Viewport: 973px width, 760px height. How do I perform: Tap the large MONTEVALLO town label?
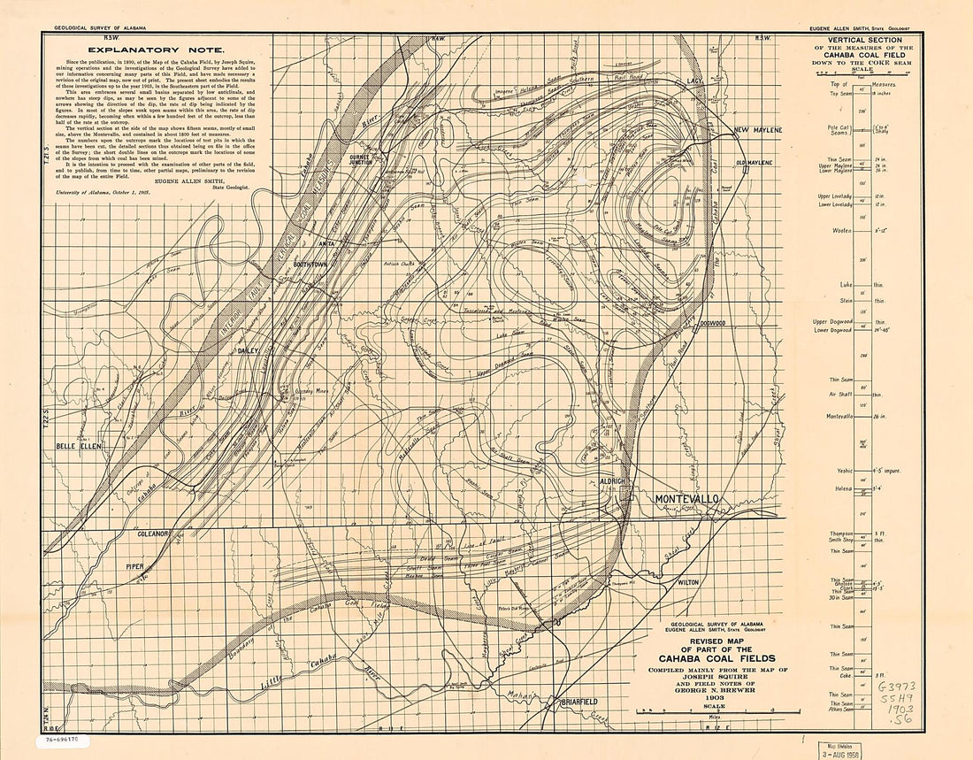coord(687,500)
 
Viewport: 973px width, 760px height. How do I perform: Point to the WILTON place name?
coord(687,583)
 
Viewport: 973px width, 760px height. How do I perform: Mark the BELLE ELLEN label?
coord(79,446)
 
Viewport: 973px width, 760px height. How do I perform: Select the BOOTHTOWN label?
coord(310,265)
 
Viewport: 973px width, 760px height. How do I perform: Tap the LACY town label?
coord(693,81)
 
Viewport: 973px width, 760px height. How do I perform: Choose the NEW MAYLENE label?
coord(758,130)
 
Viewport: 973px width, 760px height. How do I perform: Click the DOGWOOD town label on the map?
coord(710,324)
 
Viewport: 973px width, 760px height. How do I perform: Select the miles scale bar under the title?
coord(705,710)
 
